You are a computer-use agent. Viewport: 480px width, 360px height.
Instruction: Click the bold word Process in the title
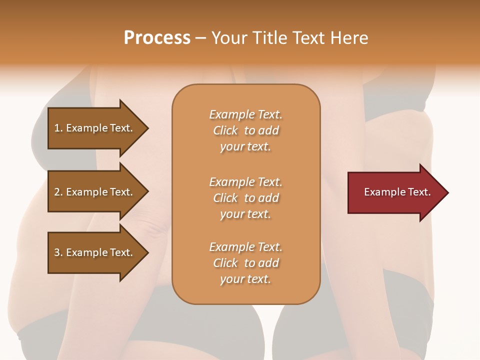(x=157, y=38)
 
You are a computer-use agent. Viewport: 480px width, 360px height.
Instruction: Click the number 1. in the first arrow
(x=58, y=128)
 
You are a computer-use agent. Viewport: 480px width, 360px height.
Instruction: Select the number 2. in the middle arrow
(x=58, y=192)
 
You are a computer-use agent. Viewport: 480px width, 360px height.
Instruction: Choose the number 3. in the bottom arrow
(x=58, y=252)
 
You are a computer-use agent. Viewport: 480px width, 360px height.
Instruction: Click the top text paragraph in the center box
(x=245, y=130)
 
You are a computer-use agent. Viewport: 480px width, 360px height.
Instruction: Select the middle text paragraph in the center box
(x=245, y=198)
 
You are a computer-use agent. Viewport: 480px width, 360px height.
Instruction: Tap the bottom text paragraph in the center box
(x=245, y=263)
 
